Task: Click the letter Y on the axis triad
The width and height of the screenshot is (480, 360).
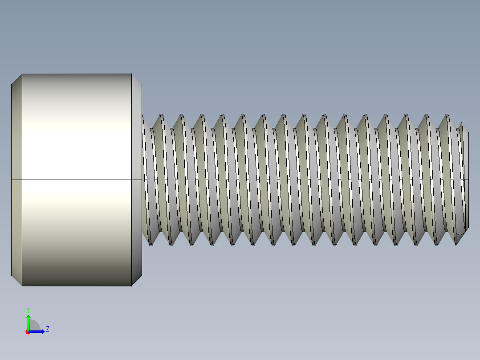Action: (28, 309)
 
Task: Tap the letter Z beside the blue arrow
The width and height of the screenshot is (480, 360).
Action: (47, 329)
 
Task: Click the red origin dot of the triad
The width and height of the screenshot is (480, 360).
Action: (28, 332)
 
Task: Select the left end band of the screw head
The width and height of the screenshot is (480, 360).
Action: (16, 178)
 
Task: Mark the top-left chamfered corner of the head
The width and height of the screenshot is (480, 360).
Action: (16, 79)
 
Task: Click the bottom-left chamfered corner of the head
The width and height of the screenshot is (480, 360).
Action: (16, 280)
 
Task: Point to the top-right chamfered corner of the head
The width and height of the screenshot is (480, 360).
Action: (137, 79)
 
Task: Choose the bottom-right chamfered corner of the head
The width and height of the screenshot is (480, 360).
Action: (137, 280)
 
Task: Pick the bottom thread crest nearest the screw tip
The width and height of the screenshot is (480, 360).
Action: (456, 243)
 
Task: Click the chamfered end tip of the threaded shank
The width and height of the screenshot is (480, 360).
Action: (466, 178)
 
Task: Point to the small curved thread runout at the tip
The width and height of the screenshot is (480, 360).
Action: (461, 231)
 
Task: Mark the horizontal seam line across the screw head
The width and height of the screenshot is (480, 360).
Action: (76, 180)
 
